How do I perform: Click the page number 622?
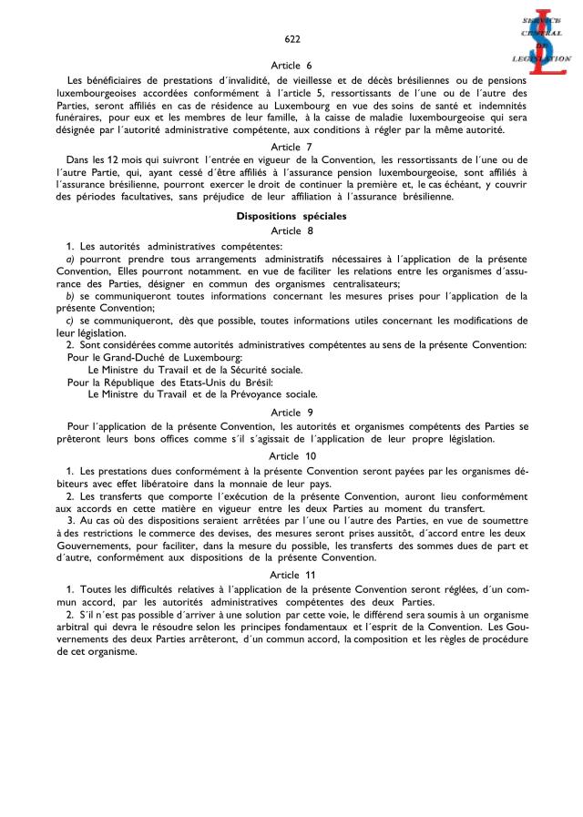291,39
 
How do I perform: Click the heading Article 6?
291,66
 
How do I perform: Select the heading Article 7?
291,146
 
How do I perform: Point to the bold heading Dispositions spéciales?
291,217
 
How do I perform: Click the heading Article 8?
291,231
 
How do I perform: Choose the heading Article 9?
291,412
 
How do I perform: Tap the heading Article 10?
291,454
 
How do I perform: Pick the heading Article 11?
291,576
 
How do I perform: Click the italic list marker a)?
60,259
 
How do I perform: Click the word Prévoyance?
258,395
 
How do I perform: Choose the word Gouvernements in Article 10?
95,544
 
